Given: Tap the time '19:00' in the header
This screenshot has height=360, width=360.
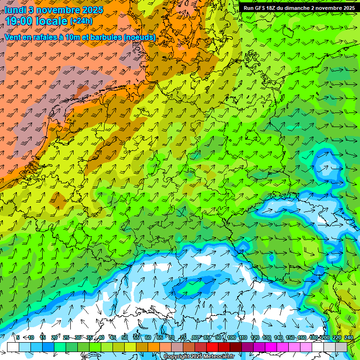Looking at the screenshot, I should [x=20, y=21].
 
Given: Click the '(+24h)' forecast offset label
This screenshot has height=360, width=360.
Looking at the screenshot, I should [x=81, y=21].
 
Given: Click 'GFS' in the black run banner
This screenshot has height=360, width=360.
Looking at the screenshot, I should [x=260, y=8].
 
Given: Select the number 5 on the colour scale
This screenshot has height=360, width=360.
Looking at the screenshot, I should [x=18, y=337].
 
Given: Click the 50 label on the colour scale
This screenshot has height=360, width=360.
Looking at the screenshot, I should [x=125, y=337].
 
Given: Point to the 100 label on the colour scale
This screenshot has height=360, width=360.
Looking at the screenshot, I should [x=232, y=337].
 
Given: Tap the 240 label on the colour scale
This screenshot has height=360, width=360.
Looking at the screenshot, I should [x=348, y=337].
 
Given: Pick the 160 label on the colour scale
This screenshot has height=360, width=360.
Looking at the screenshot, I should [x=302, y=337].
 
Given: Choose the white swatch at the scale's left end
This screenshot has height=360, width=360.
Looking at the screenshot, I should [x=13, y=347].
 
